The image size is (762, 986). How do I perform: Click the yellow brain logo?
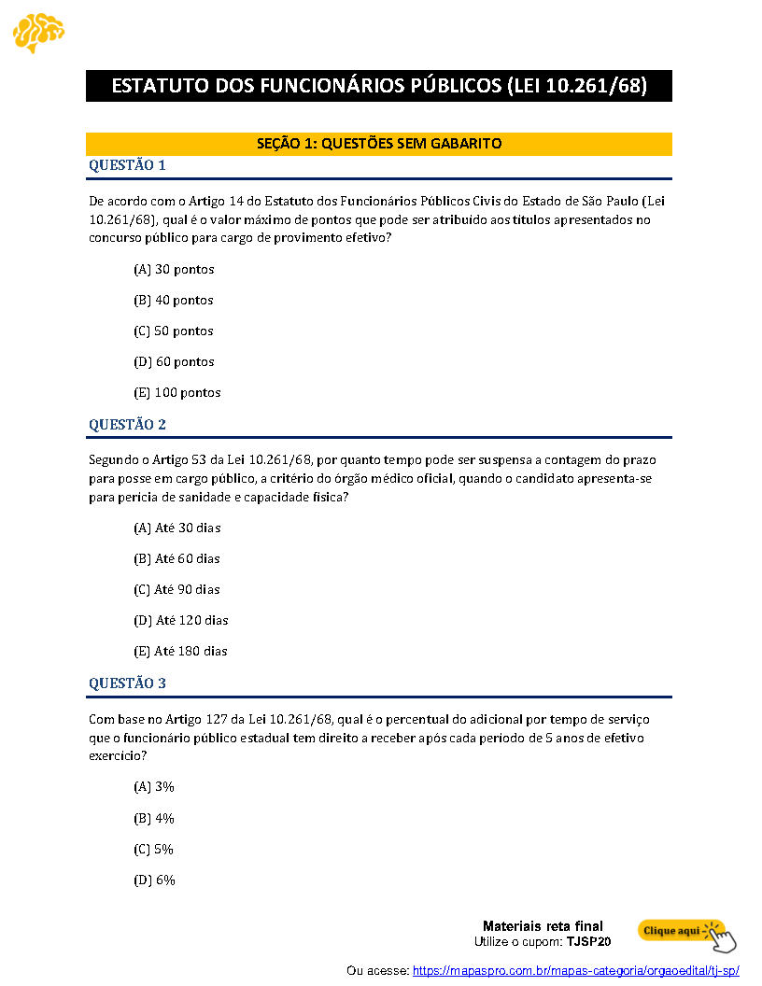38,33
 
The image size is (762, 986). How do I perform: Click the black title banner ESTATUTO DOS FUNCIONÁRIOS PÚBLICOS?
379,86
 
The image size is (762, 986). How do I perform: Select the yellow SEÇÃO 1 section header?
379,144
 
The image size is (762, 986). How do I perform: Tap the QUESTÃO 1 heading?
127,165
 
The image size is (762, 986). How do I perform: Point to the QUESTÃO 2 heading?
127,425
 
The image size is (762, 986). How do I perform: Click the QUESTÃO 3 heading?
127,683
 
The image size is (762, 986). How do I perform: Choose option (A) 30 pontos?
174,270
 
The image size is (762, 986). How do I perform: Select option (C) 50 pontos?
174,331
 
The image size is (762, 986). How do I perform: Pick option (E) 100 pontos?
177,393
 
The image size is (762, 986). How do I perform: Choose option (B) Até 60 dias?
176,559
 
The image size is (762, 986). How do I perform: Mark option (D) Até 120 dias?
181,621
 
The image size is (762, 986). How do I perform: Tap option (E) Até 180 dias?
181,652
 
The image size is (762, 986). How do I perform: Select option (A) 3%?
154,787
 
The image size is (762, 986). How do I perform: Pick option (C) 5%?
154,850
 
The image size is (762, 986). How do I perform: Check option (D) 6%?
154,880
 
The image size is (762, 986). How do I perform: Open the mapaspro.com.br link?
575,971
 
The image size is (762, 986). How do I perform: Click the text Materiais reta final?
543,926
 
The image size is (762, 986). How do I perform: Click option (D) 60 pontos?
174,362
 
